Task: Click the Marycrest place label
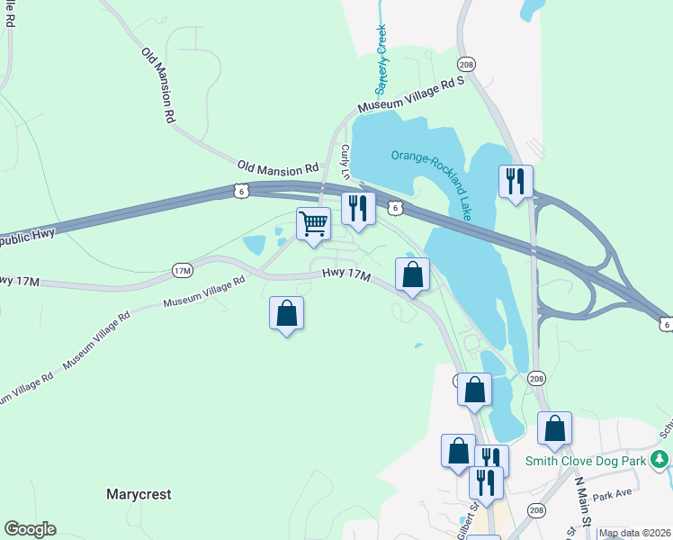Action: tap(139, 494)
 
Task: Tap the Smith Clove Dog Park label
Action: tap(586, 463)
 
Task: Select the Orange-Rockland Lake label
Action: tap(432, 184)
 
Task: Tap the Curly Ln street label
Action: tap(345, 163)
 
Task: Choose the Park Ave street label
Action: tap(612, 493)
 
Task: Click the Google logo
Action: tap(30, 529)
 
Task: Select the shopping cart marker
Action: tap(313, 222)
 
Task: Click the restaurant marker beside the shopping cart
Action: tap(358, 208)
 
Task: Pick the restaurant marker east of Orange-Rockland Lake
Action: tap(516, 182)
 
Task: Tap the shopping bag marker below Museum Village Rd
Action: tap(286, 313)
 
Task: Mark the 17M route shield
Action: tap(183, 270)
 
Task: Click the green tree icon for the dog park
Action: tap(660, 461)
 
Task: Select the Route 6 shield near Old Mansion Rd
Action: tap(238, 191)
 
